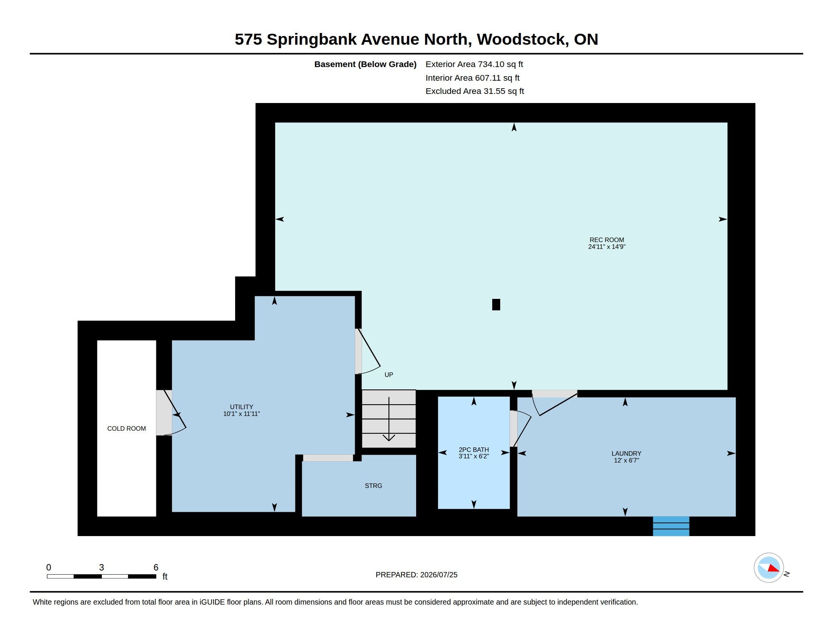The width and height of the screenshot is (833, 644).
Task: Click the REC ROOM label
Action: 607,240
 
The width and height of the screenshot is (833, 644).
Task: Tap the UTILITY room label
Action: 242,407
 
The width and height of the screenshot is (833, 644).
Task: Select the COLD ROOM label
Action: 126,428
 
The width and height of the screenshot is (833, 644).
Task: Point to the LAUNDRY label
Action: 626,453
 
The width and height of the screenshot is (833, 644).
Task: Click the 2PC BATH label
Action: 474,449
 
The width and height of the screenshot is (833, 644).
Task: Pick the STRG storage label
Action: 373,486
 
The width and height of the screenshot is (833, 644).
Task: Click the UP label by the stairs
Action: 388,375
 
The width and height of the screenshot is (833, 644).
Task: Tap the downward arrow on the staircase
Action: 388,419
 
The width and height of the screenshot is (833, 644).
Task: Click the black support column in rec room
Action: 496,305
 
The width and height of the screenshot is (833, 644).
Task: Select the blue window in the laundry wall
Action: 671,526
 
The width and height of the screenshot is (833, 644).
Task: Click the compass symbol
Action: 769,568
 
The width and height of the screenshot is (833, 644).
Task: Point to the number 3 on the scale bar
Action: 101,567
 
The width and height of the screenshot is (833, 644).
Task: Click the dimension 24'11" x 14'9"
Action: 607,247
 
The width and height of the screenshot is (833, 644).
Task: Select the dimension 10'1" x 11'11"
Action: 242,414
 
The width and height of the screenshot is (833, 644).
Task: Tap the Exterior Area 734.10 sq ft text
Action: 474,64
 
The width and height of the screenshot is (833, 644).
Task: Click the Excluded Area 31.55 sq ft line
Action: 474,91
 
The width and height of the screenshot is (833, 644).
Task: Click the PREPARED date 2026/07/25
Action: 438,575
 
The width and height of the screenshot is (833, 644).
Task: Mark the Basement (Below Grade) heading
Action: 365,64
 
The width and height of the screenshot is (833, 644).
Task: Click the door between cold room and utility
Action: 171,413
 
